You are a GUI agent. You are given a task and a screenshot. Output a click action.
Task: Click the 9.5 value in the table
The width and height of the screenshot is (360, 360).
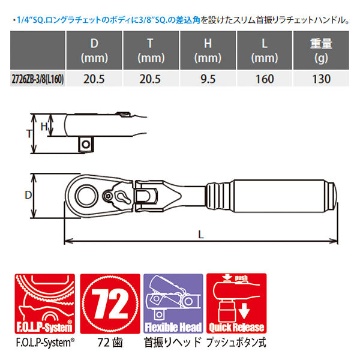click(208, 79)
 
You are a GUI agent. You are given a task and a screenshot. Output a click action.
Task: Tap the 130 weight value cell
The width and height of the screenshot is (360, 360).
click(321, 79)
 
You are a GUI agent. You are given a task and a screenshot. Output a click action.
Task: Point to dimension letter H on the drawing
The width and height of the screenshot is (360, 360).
click(43, 126)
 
